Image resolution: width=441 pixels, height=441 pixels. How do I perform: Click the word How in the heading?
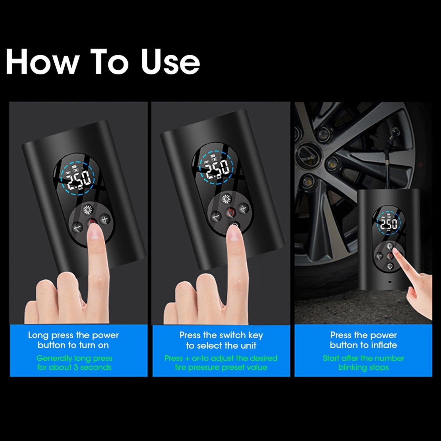42,62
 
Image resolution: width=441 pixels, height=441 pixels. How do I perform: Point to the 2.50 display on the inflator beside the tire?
389,225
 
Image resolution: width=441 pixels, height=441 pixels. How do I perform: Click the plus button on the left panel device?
105,219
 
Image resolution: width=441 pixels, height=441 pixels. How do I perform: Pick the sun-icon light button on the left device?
88,210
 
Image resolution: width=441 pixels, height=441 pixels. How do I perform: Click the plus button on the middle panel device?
243,209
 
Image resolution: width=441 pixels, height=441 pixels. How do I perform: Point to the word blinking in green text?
351,367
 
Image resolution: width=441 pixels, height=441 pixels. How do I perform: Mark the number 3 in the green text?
75,367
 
